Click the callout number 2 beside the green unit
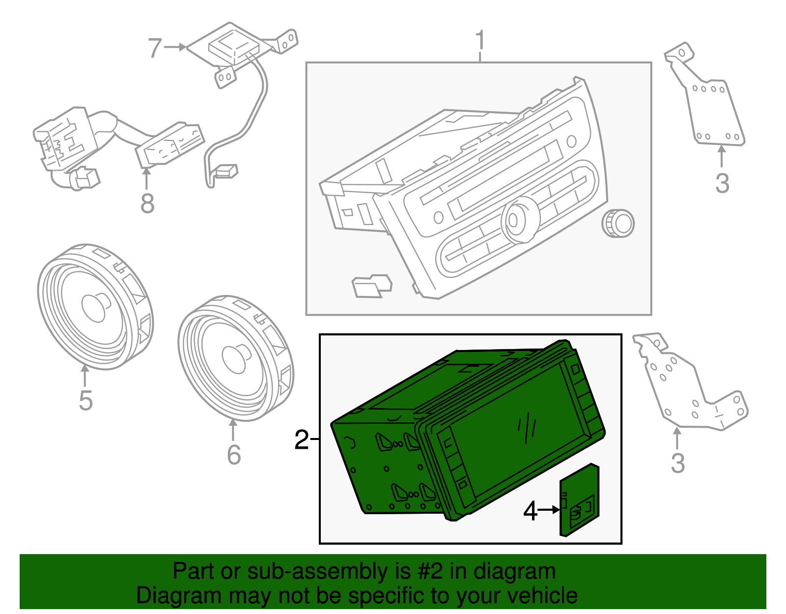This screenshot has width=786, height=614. click(301, 439)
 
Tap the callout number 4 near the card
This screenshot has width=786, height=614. click(530, 511)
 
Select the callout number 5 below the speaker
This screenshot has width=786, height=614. click(85, 400)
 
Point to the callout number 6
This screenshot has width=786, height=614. click(234, 454)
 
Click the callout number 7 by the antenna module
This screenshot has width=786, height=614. click(155, 48)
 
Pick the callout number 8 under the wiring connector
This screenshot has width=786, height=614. click(147, 203)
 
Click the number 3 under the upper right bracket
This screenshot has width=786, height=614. click(722, 183)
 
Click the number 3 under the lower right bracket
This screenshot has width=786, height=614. click(677, 463)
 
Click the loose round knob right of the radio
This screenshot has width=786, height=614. click(618, 224)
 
